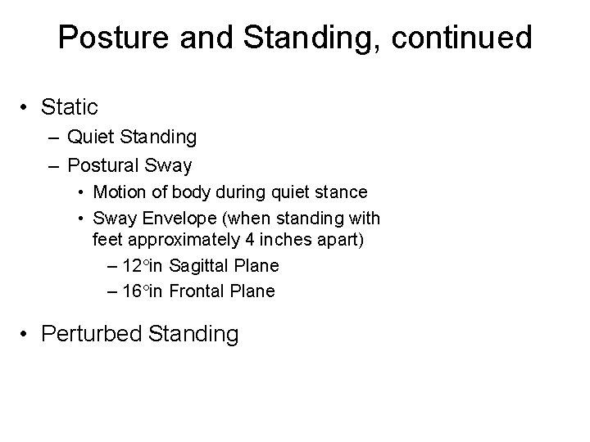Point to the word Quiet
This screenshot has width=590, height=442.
(92, 137)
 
